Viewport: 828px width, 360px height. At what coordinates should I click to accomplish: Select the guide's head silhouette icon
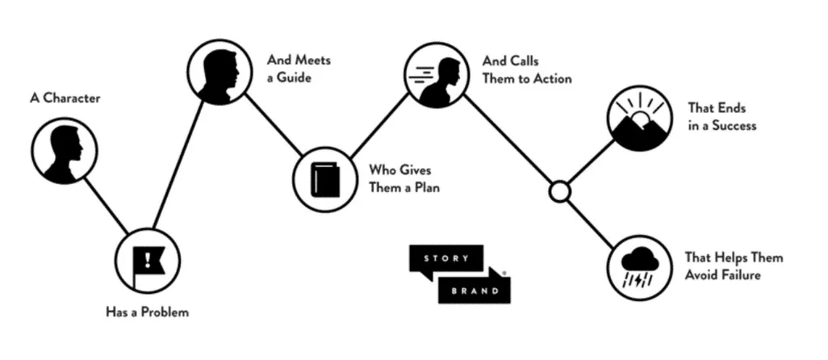(220, 73)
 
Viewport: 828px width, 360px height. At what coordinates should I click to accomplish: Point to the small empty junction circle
(559, 191)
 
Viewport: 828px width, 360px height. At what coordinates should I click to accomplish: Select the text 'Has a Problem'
(147, 311)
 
